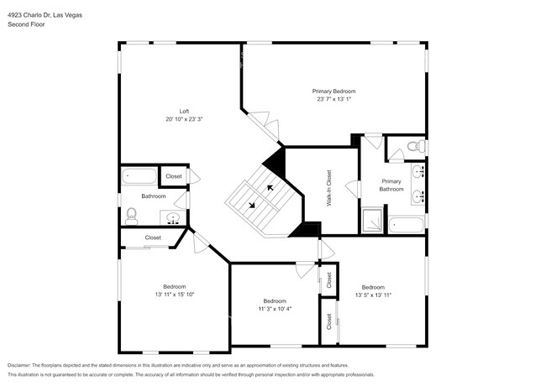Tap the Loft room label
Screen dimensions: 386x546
pos(183,111)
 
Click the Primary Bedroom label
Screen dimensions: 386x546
pos(333,91)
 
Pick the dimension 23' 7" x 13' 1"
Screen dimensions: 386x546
pos(333,99)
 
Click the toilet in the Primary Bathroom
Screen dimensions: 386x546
pos(412,148)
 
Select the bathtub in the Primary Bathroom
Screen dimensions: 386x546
pos(407,226)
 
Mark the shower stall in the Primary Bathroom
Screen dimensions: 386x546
pos(372,221)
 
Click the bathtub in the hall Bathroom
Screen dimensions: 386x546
pos(139,176)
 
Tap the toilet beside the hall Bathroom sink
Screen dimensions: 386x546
pos(130,216)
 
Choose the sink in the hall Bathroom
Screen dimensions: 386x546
pos(173,218)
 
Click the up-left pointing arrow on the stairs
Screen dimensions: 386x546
pos(270,188)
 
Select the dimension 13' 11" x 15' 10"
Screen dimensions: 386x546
pos(174,295)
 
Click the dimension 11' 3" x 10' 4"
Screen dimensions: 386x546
pos(275,309)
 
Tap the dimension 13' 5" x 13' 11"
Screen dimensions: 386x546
pos(373,295)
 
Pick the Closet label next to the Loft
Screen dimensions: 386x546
pos(174,176)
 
